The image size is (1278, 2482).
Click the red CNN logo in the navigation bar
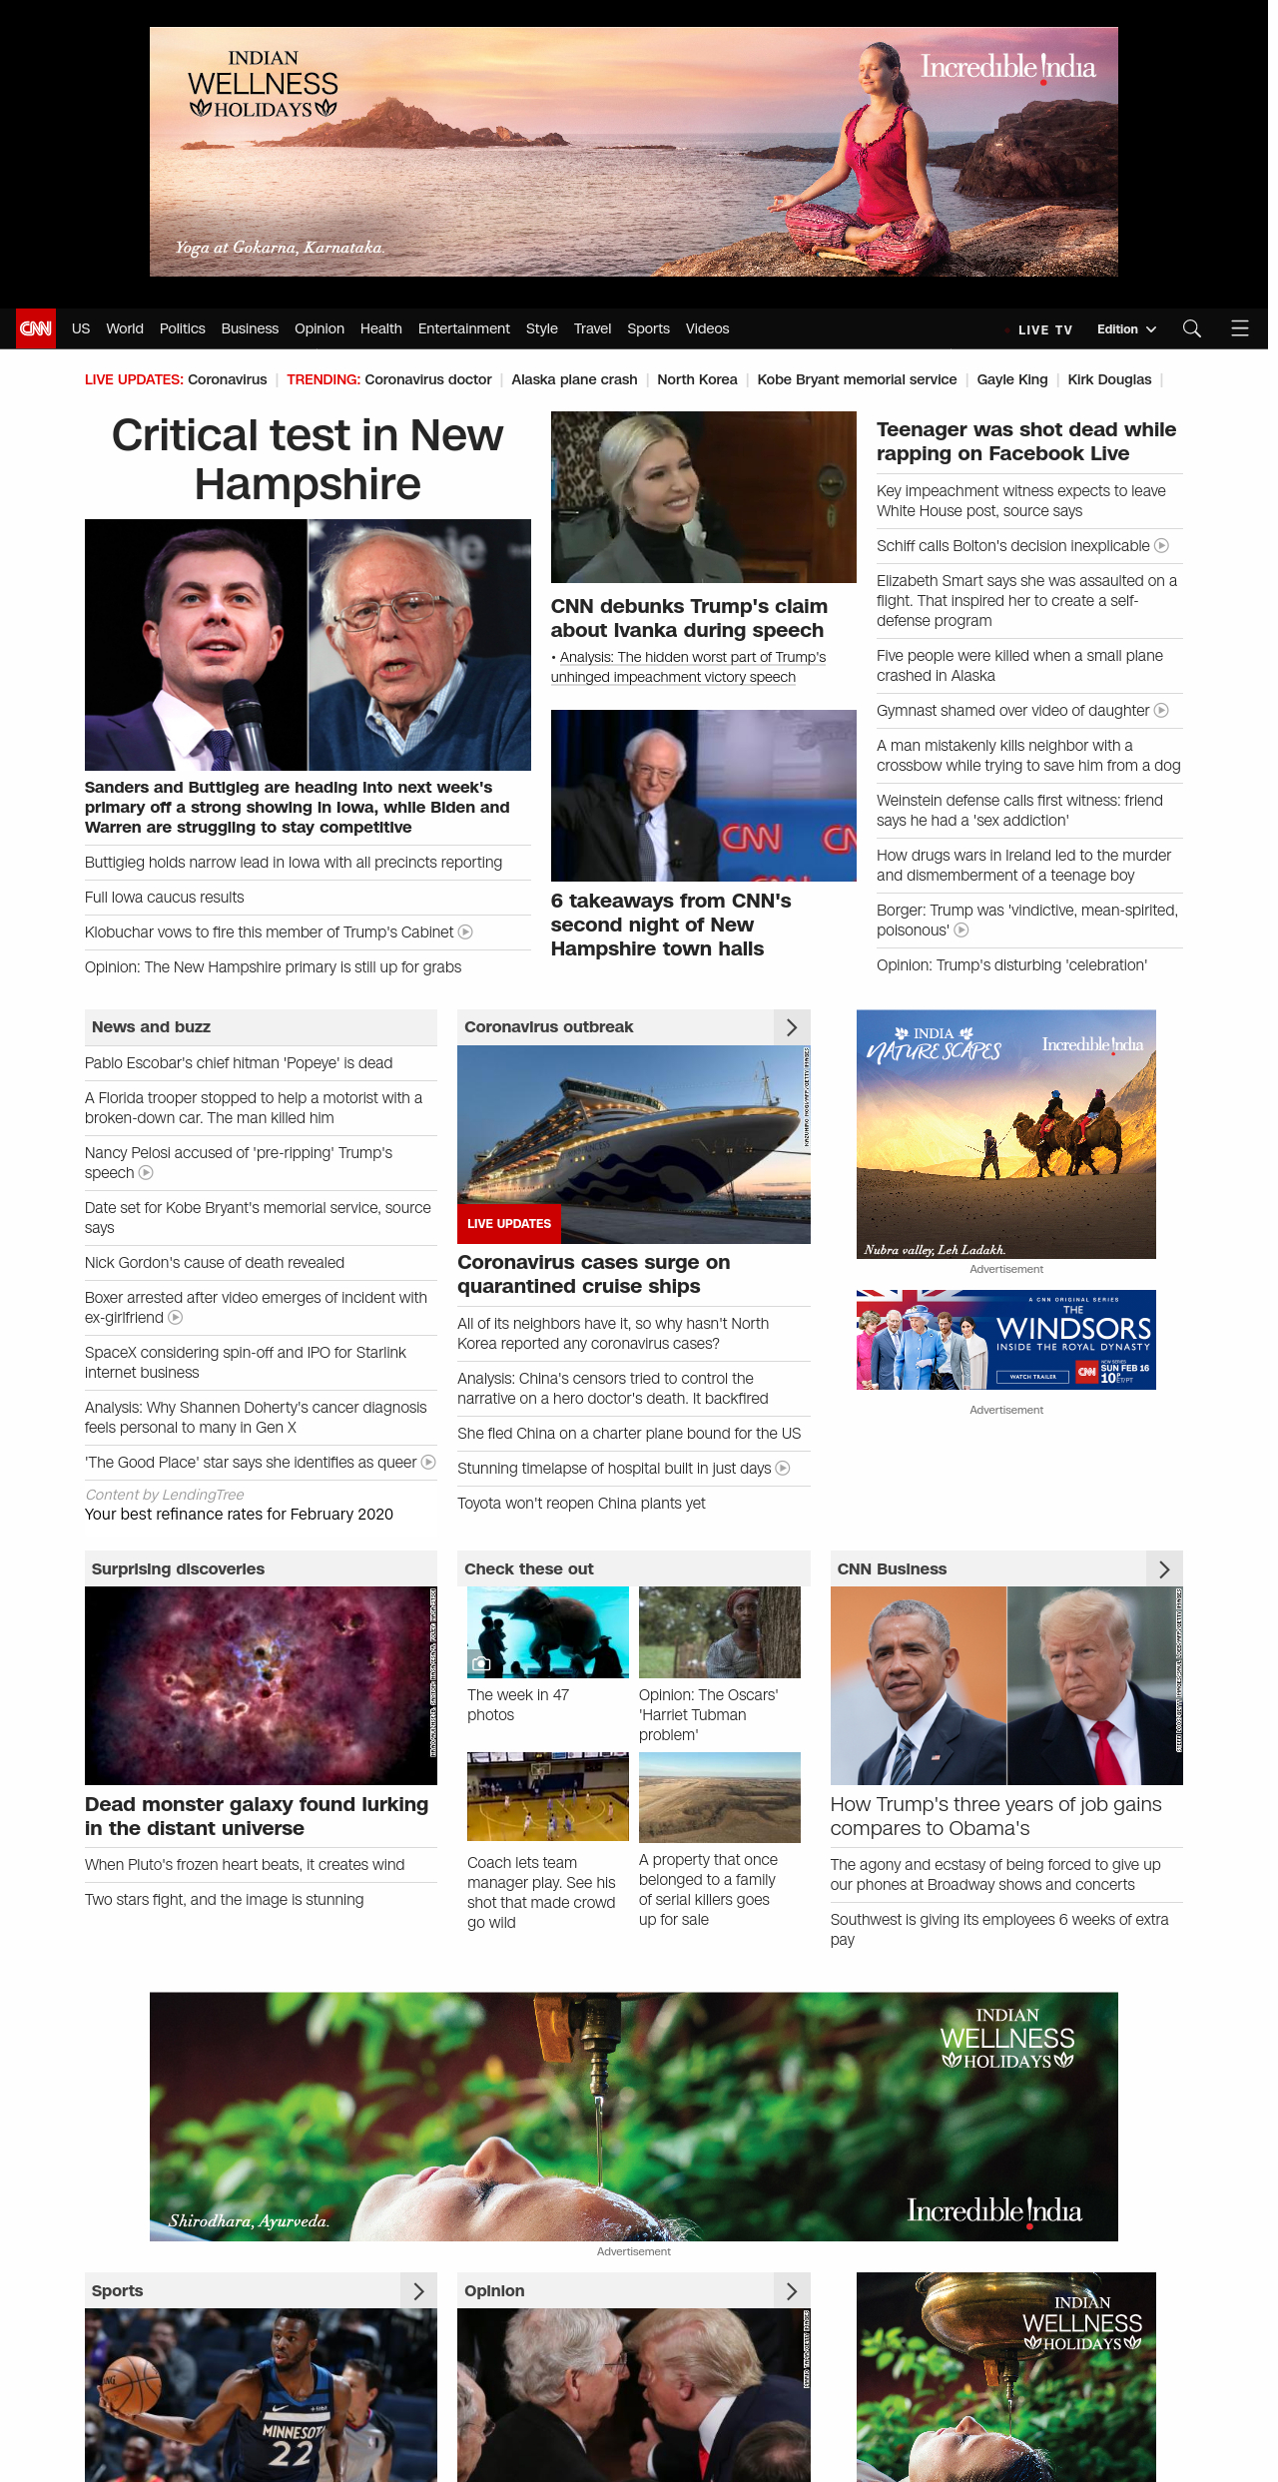click(36, 328)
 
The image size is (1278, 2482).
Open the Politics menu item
click(182, 328)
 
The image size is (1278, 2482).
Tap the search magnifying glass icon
click(1191, 328)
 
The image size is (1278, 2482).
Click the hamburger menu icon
click(1240, 328)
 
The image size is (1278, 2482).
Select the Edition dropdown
click(1126, 329)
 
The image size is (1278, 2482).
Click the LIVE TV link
click(1044, 329)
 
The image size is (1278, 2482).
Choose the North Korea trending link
click(697, 379)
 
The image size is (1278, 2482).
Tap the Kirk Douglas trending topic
click(1109, 379)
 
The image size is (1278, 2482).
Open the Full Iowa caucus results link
click(165, 898)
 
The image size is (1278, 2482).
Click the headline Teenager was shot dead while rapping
click(1026, 441)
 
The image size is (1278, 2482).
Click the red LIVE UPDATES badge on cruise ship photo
click(509, 1223)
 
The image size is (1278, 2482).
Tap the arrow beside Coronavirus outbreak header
click(792, 1027)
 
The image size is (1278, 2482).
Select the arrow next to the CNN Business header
click(1164, 1569)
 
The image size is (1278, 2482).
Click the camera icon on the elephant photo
click(481, 1663)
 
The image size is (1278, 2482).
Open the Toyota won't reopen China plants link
click(581, 1504)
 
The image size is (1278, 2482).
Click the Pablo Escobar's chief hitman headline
click(239, 1063)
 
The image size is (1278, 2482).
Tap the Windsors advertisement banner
click(1006, 1340)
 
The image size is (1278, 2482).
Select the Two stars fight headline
click(225, 1900)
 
